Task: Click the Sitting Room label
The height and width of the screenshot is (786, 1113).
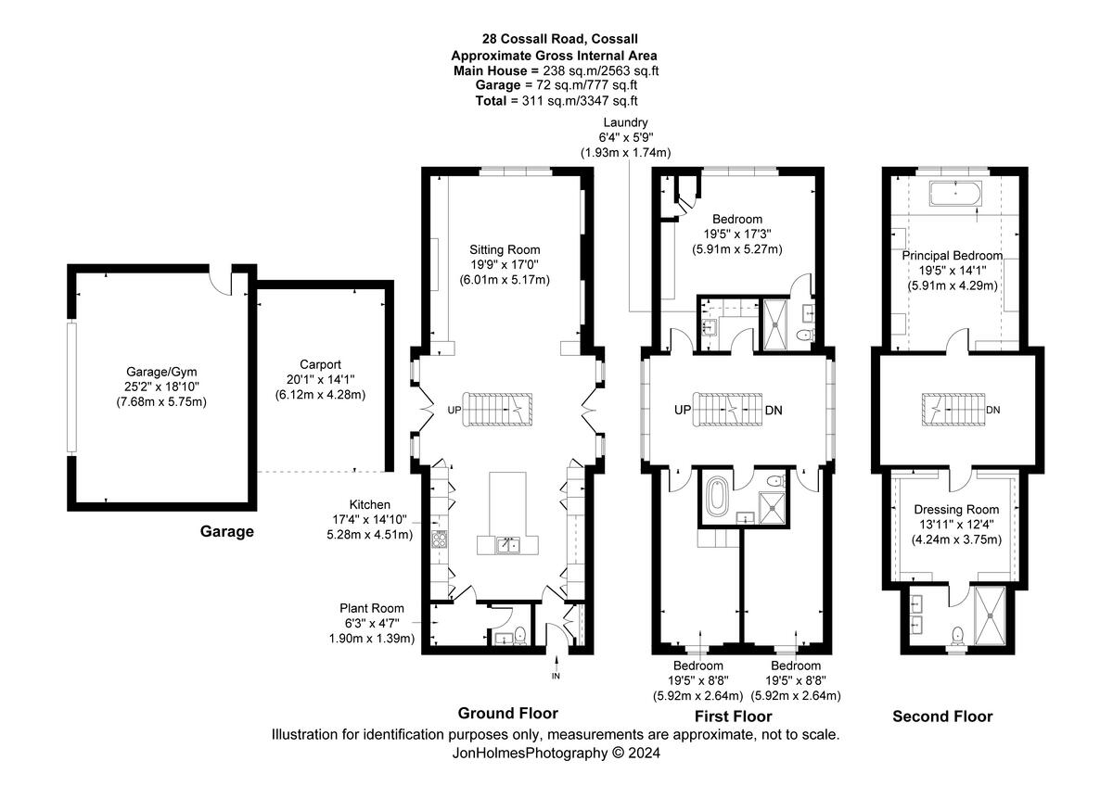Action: [x=505, y=249]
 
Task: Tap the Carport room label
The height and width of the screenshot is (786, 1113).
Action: [x=321, y=364]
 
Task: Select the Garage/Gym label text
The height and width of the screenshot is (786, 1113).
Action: [x=161, y=372]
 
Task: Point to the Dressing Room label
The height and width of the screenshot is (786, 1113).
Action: [x=956, y=510]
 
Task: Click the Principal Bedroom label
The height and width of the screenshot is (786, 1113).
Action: [x=953, y=256]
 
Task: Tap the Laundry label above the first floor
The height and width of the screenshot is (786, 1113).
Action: [x=625, y=122]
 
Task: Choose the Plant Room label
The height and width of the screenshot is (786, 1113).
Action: [x=372, y=608]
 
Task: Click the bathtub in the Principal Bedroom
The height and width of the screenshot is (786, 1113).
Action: [x=955, y=194]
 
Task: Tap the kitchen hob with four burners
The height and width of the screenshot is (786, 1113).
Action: [x=440, y=539]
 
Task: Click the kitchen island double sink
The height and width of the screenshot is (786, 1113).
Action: [x=508, y=545]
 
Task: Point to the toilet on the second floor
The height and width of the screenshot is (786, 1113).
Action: [x=957, y=637]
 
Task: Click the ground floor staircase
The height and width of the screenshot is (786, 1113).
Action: [x=497, y=410]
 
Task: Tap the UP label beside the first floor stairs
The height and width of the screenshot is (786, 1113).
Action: [x=683, y=410]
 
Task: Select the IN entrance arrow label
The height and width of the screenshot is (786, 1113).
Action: [x=556, y=676]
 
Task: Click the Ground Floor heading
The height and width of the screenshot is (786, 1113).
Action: [x=508, y=713]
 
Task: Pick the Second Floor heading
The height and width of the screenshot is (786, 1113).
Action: [x=942, y=716]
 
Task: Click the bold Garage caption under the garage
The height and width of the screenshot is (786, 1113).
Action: [x=227, y=531]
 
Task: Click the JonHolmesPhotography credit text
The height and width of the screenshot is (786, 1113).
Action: [x=530, y=753]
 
